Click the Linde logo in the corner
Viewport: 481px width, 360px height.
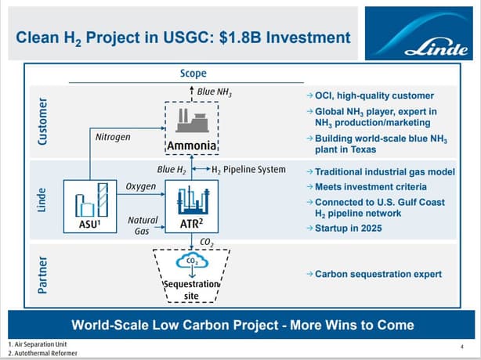[419, 33]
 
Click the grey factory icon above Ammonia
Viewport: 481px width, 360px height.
[193, 121]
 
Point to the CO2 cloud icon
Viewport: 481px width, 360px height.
[192, 261]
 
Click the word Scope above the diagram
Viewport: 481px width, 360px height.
[193, 74]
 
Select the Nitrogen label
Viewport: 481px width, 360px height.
[113, 137]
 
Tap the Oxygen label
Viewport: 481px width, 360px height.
[141, 186]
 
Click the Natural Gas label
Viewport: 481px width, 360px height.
[143, 225]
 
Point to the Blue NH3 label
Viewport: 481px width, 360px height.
[215, 92]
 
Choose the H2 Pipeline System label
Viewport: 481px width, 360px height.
[249, 170]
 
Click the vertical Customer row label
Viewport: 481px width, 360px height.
[42, 121]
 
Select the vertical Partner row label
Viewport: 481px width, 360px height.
[42, 275]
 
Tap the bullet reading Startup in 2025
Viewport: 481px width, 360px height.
[345, 229]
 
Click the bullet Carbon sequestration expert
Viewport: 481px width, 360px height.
[374, 274]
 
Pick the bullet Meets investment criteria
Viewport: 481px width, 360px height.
[367, 187]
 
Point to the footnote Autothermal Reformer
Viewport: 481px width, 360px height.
[43, 353]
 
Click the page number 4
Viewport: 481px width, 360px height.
[462, 347]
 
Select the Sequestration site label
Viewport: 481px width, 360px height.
[191, 290]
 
